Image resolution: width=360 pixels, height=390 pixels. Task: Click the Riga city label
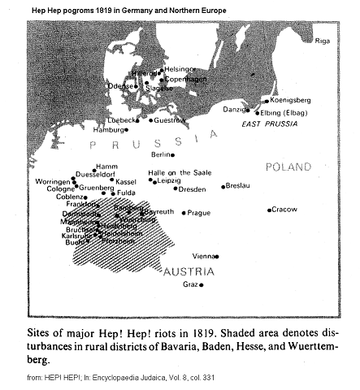(322, 40)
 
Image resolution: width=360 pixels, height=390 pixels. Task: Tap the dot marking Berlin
(172, 154)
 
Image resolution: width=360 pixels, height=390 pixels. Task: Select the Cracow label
(285, 210)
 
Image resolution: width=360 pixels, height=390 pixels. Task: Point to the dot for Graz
(202, 285)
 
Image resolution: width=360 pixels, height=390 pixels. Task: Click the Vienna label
(203, 256)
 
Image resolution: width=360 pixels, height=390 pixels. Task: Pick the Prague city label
(198, 213)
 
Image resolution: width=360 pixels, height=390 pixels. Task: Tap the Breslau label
(238, 186)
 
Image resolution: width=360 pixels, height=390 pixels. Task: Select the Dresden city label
(193, 189)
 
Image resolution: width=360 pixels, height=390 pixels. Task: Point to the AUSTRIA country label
(189, 271)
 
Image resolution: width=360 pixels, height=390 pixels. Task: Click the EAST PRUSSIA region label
(268, 123)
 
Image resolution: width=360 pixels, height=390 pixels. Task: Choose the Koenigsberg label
(290, 100)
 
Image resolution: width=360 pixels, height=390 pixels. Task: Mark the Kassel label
(126, 181)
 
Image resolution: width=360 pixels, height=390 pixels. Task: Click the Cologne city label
(51, 188)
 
